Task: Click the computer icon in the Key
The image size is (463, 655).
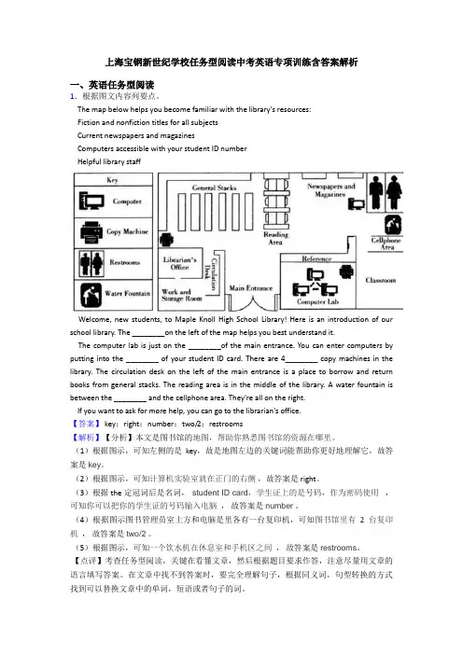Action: click(91, 201)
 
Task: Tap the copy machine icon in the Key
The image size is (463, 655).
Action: click(91, 231)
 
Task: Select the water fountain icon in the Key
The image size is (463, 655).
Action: click(91, 295)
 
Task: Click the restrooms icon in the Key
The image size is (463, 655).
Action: click(91, 263)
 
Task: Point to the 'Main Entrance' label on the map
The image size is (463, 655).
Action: click(251, 287)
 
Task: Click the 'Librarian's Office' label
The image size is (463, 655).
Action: click(179, 263)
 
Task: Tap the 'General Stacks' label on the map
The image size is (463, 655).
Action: click(214, 188)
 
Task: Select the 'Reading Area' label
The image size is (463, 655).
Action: click(275, 238)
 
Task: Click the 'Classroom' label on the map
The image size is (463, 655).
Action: click(380, 280)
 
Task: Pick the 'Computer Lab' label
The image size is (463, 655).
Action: click(317, 301)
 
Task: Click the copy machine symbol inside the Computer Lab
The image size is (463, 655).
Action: click(346, 272)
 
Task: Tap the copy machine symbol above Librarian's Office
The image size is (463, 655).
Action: click(166, 240)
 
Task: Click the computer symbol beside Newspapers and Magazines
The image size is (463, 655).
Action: click(357, 203)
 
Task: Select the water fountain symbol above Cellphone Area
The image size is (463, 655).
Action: click(393, 224)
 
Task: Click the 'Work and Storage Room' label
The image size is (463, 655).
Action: click(182, 295)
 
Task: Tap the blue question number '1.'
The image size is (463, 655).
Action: click(73, 96)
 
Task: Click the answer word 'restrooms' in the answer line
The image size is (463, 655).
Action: click(226, 424)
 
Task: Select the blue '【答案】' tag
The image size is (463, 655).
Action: click(85, 424)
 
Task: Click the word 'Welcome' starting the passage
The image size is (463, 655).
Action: click(94, 319)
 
